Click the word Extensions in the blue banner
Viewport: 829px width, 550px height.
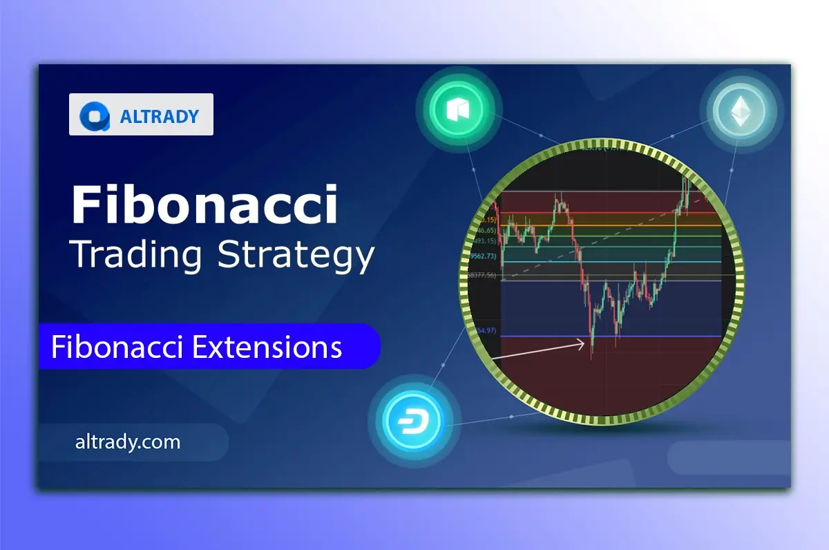coord(267,346)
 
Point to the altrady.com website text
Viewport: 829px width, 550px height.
coord(127,442)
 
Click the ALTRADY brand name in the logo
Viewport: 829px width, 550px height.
coord(160,116)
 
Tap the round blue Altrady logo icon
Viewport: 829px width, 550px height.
coord(93,115)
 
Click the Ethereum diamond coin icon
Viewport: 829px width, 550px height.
coord(739,111)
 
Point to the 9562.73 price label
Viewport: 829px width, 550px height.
coord(484,256)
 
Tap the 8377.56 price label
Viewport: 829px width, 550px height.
coord(482,275)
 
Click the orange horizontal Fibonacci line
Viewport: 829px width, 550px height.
coord(622,225)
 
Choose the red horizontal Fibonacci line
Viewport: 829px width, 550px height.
coord(622,212)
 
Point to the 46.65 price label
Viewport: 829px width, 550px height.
coord(485,229)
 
